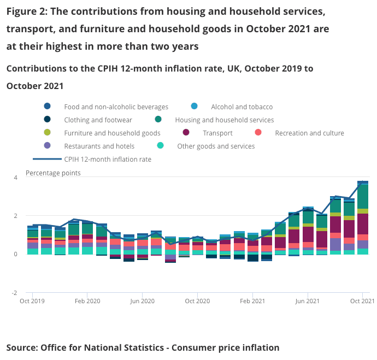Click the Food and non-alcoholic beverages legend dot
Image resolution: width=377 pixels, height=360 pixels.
[x=48, y=107]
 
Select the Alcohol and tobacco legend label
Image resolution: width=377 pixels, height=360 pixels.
[x=241, y=107]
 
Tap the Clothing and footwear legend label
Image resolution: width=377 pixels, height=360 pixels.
[x=98, y=120]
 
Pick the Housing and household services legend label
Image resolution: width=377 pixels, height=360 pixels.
[x=224, y=120]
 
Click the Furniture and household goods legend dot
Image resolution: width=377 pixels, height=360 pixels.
[x=48, y=133]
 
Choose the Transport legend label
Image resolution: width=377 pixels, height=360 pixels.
[x=217, y=133]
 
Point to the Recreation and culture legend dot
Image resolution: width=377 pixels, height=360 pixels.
[x=258, y=133]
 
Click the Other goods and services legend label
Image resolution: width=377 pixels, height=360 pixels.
[x=216, y=146]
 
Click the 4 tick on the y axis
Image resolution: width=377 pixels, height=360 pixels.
[x=15, y=178]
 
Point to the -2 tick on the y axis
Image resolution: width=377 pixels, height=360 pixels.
[x=15, y=292]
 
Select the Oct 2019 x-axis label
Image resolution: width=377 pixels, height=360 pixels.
[x=32, y=301]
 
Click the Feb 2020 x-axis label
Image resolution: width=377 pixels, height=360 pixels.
[x=87, y=301]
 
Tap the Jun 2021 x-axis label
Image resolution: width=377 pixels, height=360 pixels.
[x=308, y=301]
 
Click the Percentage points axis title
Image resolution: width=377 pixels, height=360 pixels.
[x=53, y=173]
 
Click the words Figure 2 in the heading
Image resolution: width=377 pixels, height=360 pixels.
[x=28, y=11]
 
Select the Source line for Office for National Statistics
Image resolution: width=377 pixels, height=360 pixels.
[x=143, y=347]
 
